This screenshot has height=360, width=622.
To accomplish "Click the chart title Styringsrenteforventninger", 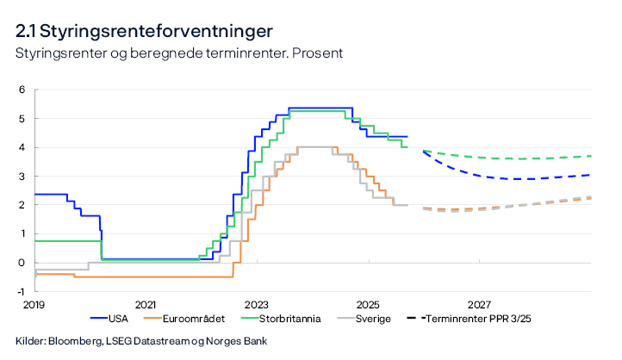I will click(x=145, y=31).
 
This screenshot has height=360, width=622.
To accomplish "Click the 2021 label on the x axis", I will click(x=146, y=305).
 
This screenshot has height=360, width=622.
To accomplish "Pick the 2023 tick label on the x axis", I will click(x=257, y=305).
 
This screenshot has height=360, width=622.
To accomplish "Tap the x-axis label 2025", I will click(x=368, y=305).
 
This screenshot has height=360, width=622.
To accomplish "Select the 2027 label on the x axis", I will click(x=480, y=305).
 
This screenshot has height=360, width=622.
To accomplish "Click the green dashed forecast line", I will click(x=517, y=158).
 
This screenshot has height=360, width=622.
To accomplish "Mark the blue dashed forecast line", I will click(x=517, y=178).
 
